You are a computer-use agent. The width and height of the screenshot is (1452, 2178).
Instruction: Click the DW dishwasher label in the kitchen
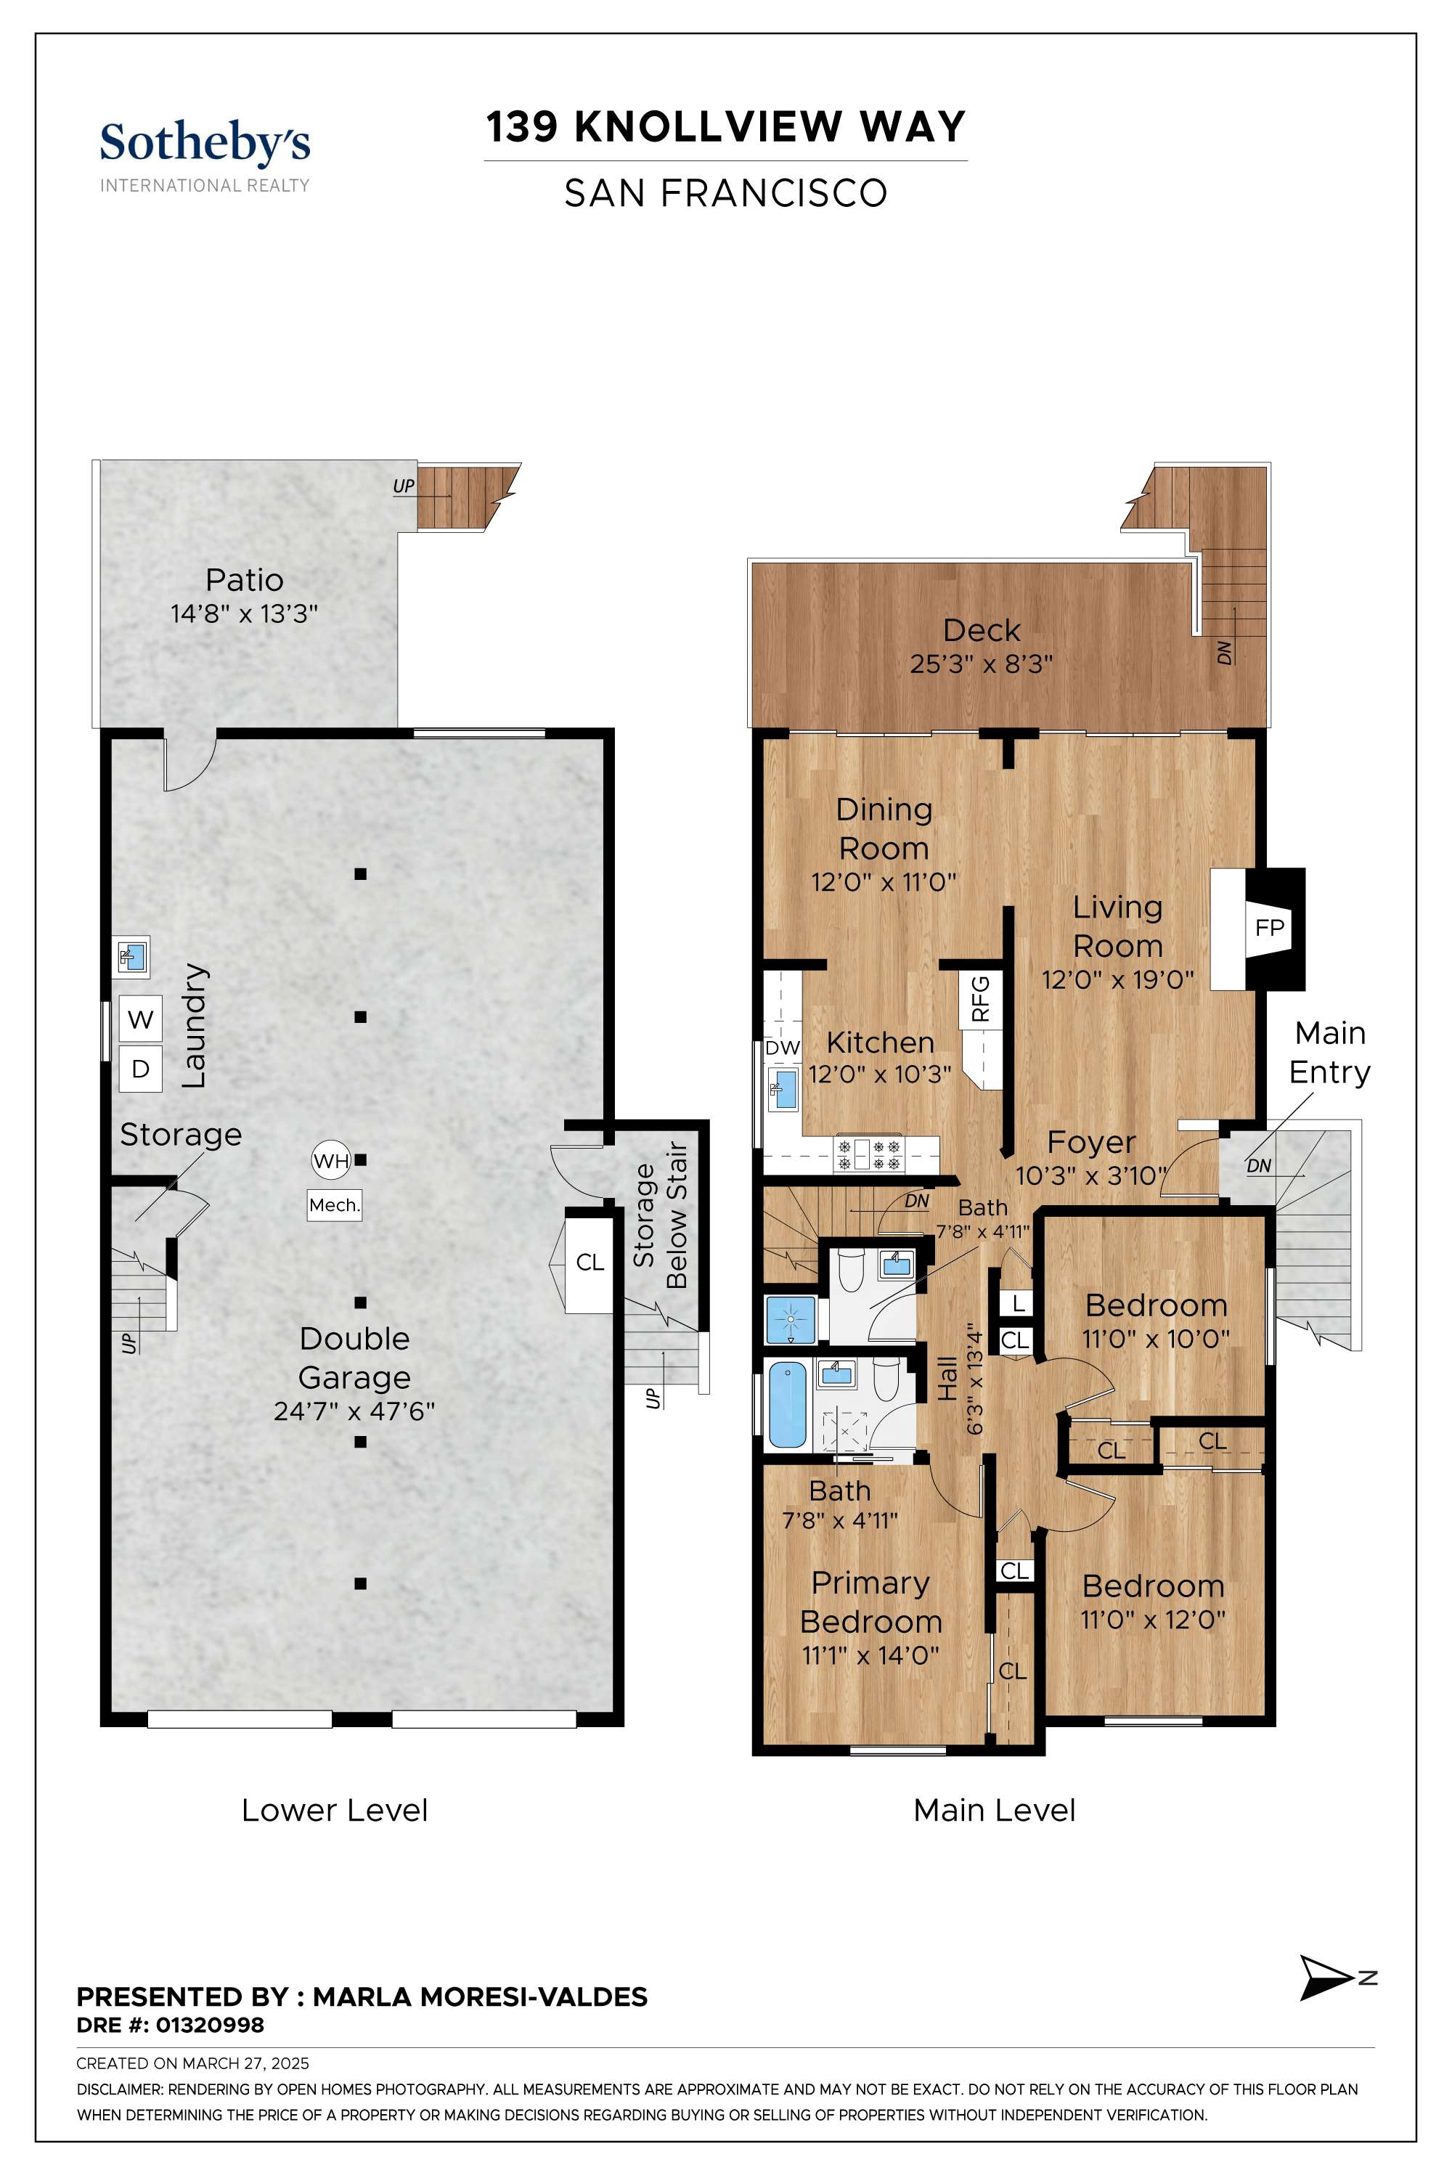[783, 1048]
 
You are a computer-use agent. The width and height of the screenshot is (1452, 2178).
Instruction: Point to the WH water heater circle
[330, 1160]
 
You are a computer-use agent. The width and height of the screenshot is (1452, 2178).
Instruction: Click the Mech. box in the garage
[334, 1204]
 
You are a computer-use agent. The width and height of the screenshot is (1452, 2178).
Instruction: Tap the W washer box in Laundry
[141, 1019]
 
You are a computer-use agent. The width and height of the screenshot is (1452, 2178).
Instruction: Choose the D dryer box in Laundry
[141, 1069]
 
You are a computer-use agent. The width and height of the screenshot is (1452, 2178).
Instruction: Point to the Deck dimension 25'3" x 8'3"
[982, 665]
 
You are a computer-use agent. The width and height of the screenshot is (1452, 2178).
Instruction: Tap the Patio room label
[245, 581]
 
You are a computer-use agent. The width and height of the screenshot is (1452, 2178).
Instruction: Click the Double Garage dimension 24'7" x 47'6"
[355, 1411]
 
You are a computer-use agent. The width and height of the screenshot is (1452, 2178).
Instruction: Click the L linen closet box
[1018, 1304]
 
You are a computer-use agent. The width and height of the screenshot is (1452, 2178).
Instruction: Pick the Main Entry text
[1330, 1053]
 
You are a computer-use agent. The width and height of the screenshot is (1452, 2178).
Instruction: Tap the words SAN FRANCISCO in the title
[726, 194]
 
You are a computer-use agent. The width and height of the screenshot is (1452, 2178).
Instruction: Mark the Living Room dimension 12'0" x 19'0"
[1118, 979]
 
